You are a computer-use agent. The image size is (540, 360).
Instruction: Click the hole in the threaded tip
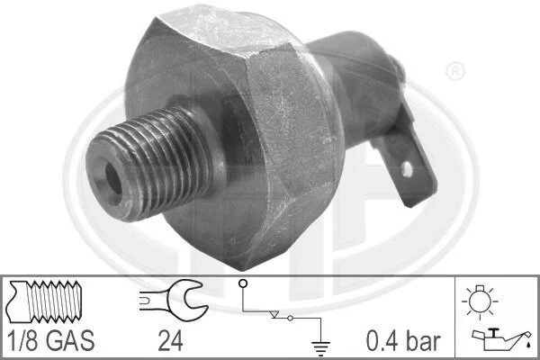point(113,178)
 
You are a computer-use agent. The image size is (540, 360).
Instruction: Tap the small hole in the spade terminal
point(407,169)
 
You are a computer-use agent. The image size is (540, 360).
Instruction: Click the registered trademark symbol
point(455,71)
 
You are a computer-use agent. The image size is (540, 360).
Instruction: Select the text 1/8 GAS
point(50,341)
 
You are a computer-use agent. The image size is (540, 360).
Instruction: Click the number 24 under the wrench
point(170,341)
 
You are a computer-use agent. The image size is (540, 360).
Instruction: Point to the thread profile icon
point(45,301)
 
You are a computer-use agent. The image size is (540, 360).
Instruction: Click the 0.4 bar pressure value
point(403,341)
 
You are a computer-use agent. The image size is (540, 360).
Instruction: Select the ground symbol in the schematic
point(320,348)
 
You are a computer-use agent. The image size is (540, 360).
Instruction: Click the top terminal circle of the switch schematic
point(243,283)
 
